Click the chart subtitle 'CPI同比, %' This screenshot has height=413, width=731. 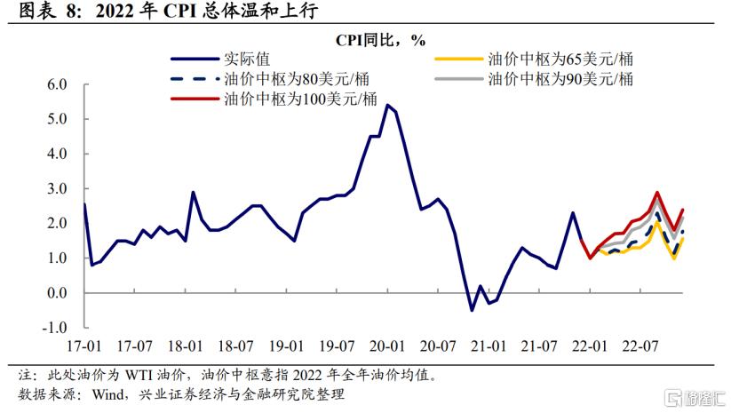pos(380,41)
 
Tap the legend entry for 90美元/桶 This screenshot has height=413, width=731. pos(559,79)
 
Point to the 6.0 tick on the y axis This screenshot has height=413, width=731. pos(58,85)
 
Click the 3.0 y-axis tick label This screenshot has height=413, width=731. pos(58,189)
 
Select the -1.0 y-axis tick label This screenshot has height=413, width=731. pos(55,328)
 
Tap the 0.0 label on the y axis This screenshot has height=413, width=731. pos(58,293)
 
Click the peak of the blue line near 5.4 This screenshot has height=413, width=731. pos(387,105)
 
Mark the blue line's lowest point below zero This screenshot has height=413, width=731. pos(472,310)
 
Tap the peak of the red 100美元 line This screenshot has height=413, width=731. pos(657,192)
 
